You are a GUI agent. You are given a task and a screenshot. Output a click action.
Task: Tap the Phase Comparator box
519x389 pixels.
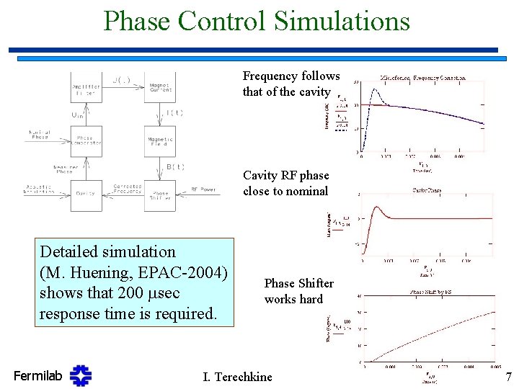point(86,140)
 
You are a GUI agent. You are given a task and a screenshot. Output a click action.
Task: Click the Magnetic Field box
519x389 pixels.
point(161,141)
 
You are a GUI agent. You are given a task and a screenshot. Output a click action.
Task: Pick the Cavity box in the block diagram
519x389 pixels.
point(86,194)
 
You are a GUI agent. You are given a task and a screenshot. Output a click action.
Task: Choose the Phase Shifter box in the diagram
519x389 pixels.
point(161,194)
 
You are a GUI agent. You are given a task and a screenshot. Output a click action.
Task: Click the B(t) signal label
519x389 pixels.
point(176,167)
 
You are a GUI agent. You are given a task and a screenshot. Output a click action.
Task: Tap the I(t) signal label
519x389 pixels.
point(175,113)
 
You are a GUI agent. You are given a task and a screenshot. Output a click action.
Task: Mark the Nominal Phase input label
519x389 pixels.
point(39,135)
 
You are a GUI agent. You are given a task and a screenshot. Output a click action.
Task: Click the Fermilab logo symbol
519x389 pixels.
point(81,375)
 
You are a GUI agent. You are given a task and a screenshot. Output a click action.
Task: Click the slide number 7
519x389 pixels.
point(507,375)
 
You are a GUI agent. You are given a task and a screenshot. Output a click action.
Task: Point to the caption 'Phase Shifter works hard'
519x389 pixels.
point(293,291)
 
